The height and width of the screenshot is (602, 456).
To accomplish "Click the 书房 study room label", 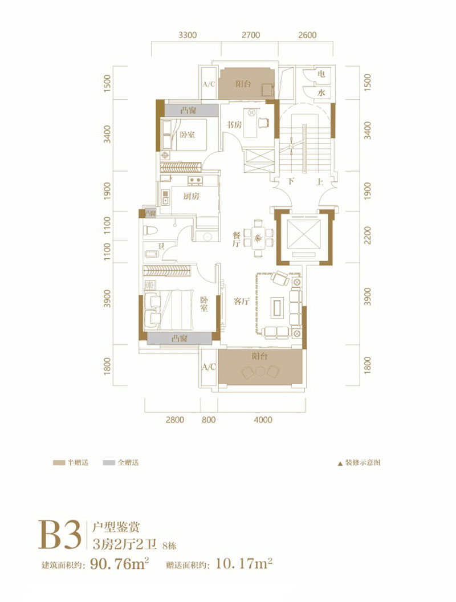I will pyautogui.click(x=234, y=124).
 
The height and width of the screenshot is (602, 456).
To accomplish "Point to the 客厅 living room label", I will pyautogui.click(x=242, y=302).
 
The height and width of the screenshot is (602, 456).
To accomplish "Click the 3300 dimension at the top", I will pyautogui.click(x=188, y=35).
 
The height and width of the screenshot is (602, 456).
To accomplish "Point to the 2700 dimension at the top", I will pyautogui.click(x=251, y=35).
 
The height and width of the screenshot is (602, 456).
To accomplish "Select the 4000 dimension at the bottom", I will pyautogui.click(x=263, y=420).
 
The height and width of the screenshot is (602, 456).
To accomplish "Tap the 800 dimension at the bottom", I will pyautogui.click(x=209, y=420).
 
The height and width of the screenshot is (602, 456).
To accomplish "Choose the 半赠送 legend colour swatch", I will pyautogui.click(x=58, y=463).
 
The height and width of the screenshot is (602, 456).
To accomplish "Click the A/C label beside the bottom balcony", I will pyautogui.click(x=209, y=367).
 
